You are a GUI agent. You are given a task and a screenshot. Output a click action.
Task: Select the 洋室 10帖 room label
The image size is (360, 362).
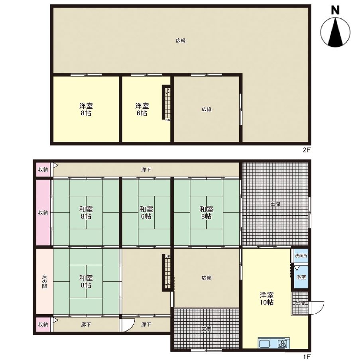267,299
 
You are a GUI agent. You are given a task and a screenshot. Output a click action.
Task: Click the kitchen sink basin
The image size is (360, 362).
264,344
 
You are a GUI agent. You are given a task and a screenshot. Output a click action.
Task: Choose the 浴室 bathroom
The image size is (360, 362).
301,277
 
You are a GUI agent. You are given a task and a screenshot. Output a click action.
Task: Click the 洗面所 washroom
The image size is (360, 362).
301,256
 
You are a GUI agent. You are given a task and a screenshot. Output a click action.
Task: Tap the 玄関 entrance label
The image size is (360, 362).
206,329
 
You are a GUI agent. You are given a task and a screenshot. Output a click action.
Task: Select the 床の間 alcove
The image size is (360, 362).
45,281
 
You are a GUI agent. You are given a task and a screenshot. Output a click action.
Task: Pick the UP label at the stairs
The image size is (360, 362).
168,256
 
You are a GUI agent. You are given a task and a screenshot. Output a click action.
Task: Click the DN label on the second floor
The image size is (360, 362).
168,120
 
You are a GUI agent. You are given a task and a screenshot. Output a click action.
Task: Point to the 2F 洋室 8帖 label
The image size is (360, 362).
86,110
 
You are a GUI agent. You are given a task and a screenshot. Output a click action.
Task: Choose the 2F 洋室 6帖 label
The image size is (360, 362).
142,110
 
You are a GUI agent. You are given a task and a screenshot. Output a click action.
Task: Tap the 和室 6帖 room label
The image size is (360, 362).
146,212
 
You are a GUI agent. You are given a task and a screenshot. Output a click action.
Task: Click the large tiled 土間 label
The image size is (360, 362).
275,204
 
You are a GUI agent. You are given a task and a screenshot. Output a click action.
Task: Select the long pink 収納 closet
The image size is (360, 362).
43,212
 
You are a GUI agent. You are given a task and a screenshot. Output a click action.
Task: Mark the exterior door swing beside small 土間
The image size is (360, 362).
317,307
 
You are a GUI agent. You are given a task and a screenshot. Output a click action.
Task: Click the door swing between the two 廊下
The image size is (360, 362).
128,325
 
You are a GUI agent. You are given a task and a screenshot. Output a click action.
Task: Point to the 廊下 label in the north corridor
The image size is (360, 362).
146,170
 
